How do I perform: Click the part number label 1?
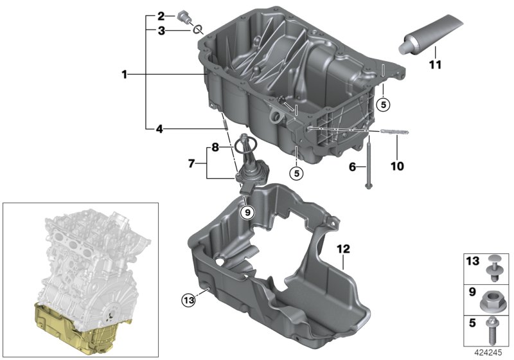pyautogui.click(x=124, y=75)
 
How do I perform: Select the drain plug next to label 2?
pyautogui.click(x=183, y=17)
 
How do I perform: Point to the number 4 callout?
pyautogui.click(x=159, y=129)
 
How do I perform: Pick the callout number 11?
pyautogui.click(x=436, y=64)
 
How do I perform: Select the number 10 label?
pyautogui.click(x=397, y=166)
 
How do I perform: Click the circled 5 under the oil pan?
pyautogui.click(x=297, y=173)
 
